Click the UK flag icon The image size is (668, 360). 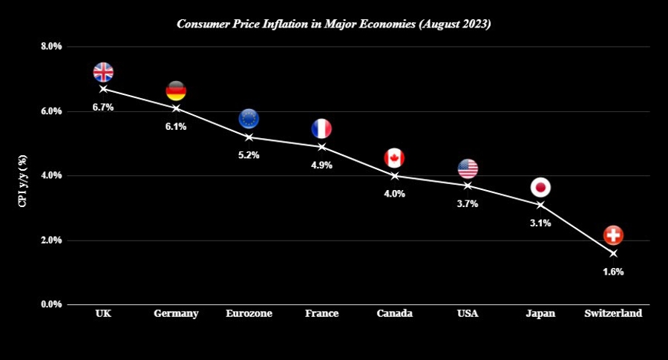(x=103, y=72)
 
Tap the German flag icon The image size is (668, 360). (x=176, y=91)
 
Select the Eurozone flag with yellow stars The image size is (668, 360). (x=249, y=118)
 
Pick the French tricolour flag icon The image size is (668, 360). (x=321, y=128)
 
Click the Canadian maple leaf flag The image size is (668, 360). (x=394, y=157)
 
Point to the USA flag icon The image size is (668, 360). (x=468, y=168)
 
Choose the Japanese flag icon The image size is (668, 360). (x=540, y=187)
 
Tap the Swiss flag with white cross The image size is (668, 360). (x=613, y=235)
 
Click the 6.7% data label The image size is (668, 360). (x=103, y=108)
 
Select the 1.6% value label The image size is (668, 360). (x=613, y=272)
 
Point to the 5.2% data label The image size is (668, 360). (x=249, y=156)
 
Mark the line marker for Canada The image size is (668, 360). (x=394, y=176)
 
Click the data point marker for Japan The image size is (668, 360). (x=540, y=205)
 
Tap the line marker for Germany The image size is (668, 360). (x=176, y=108)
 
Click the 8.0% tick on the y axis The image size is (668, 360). (x=50, y=46)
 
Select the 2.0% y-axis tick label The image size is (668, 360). (x=50, y=240)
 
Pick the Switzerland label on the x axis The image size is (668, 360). (x=613, y=314)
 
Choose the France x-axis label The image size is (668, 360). (x=321, y=314)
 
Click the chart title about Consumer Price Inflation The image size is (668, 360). (x=334, y=24)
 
